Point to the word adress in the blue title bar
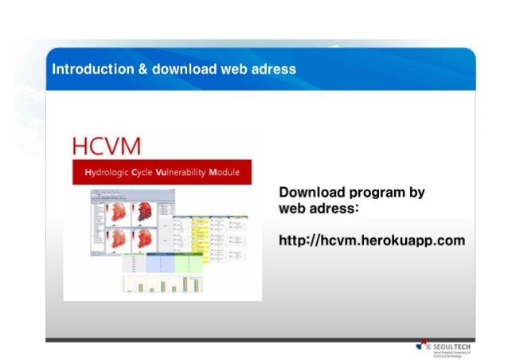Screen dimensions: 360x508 coord(275,69)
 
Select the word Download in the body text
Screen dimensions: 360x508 coord(311,193)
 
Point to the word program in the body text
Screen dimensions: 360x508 coord(379,193)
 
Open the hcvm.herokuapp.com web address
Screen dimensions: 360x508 coord(372,240)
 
